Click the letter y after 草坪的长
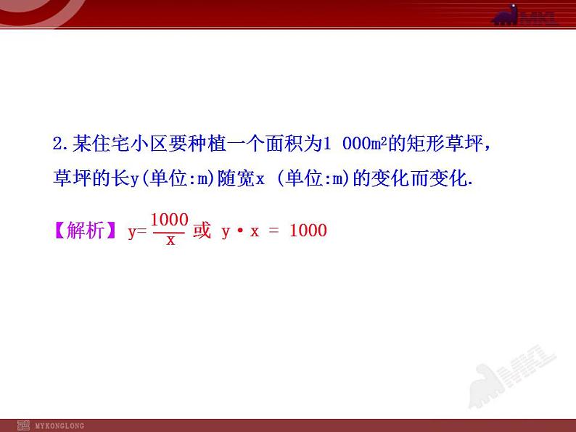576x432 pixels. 135,179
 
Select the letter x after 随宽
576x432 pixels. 260,179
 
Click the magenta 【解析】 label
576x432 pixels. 85,231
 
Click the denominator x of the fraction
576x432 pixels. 170,241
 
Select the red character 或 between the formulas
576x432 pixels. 202,231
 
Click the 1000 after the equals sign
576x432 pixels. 308,231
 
